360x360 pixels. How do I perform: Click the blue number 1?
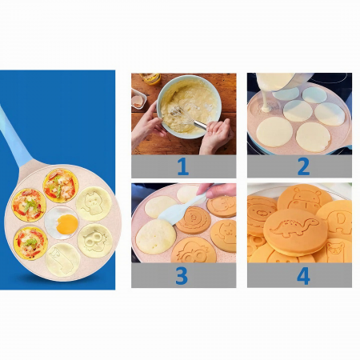(183, 166)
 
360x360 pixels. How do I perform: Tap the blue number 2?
(303, 166)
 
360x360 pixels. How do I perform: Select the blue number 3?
(182, 275)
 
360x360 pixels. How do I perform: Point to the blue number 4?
(303, 276)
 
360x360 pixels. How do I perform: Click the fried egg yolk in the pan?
(67, 224)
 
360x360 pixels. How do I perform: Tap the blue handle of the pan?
(14, 138)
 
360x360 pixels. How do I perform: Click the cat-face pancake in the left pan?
(94, 204)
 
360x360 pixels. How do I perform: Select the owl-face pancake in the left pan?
(95, 241)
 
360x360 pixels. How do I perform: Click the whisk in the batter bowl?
(188, 117)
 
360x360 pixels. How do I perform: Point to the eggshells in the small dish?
(138, 101)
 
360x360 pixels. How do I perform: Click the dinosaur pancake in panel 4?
(295, 232)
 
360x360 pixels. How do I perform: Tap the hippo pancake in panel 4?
(305, 198)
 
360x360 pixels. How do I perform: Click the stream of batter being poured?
(265, 102)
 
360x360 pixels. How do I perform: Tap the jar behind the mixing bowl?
(150, 78)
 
